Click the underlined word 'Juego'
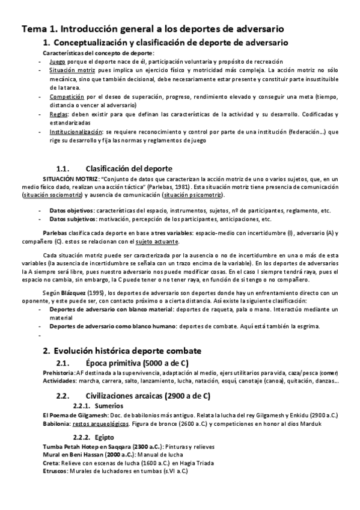coord(57,61)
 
